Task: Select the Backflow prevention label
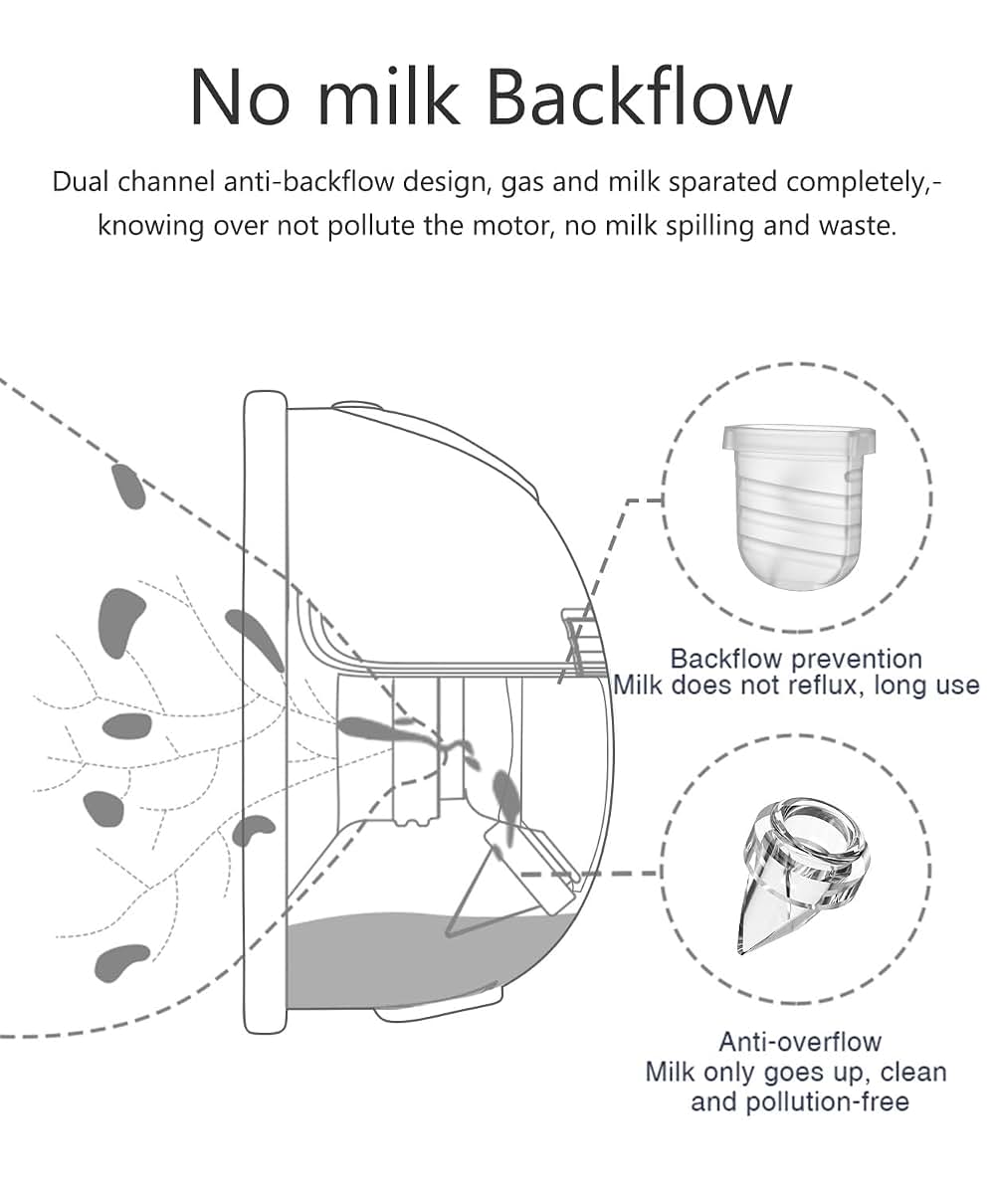tap(797, 659)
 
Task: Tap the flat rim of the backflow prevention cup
tap(799, 438)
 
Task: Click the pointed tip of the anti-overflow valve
tap(740, 952)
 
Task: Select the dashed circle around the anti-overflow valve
tap(664, 870)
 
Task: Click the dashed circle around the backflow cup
tap(664, 497)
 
